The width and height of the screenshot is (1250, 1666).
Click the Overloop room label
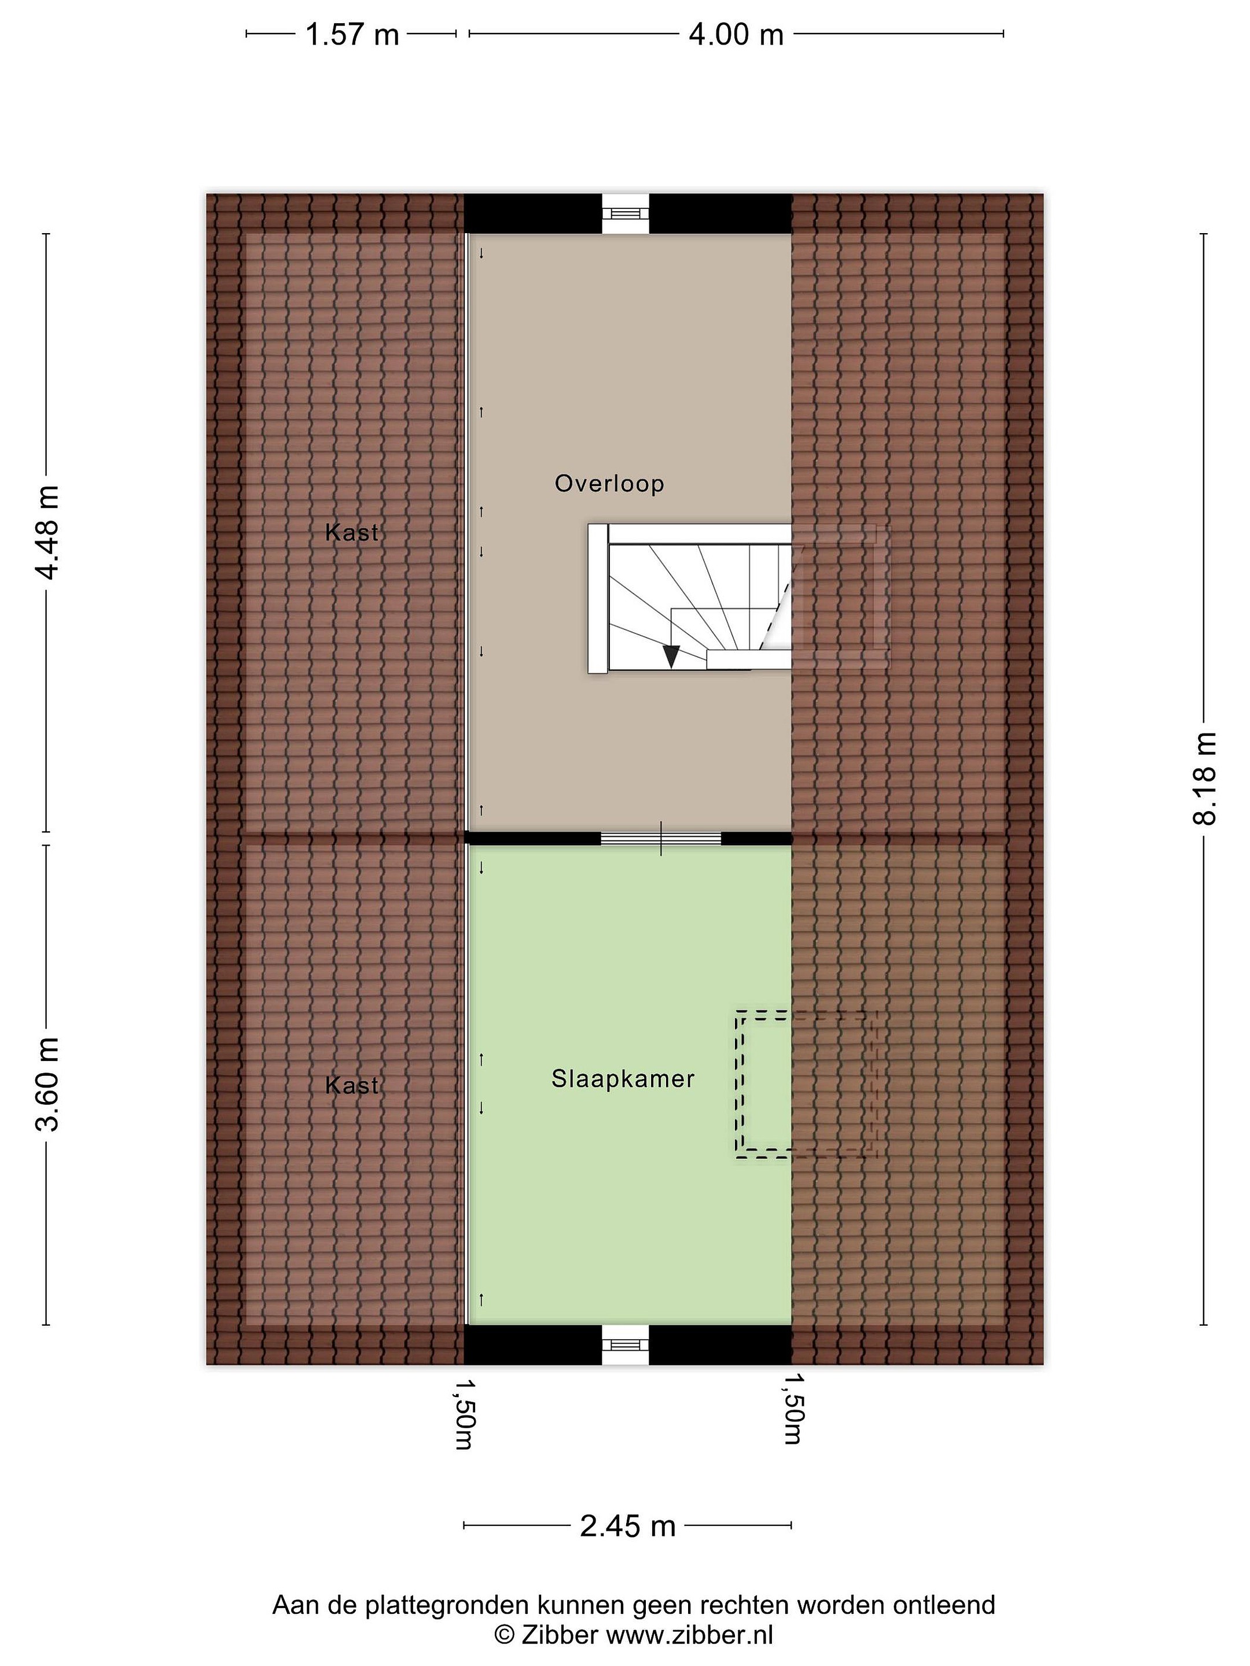coord(609,484)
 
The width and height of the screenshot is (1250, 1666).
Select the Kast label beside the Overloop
coord(351,533)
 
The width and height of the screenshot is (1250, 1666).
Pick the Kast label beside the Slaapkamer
coord(351,1085)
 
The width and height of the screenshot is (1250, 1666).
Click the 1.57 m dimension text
coord(352,35)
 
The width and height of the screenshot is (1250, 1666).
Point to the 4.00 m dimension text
coord(736,35)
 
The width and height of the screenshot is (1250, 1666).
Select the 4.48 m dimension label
coord(47,533)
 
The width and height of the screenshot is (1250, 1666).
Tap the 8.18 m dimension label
coord(1204,779)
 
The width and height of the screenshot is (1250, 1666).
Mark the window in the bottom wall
coord(626,1345)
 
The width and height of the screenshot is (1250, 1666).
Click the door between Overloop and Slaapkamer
coord(661,838)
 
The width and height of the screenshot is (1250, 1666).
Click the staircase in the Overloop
coord(690,598)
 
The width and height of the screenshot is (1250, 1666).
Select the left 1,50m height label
coord(465,1414)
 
